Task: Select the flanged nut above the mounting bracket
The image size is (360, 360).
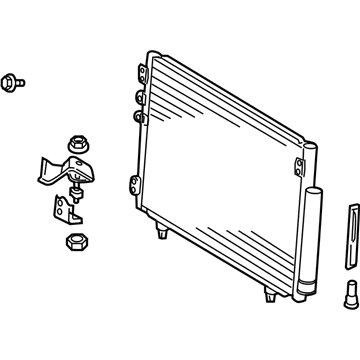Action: (x=76, y=143)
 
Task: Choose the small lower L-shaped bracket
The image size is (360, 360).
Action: (x=64, y=211)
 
